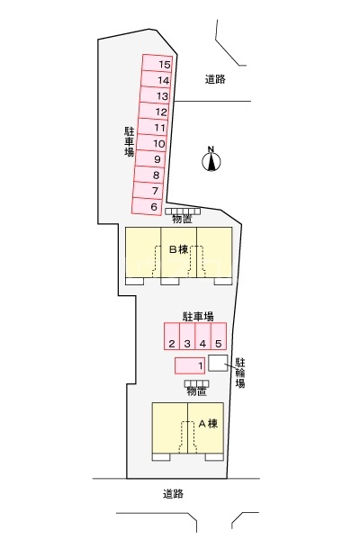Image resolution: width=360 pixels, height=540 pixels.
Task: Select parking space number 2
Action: pos(170,343)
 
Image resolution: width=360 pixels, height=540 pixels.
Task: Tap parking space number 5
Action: pos(218,343)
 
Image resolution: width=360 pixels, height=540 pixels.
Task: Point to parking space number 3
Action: pos(186,343)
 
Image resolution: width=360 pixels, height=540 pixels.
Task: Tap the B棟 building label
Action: pos(177,249)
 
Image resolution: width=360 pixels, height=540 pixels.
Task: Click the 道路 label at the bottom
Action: pos(175,493)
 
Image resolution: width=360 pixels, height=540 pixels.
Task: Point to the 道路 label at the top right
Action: pos(214,79)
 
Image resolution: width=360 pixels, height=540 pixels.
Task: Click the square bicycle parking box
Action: pos(217,363)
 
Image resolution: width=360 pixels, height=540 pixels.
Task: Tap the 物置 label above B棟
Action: pos(183,219)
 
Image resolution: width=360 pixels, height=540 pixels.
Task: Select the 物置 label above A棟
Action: pos(197,391)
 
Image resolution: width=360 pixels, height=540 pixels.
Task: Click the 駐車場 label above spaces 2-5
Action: pos(197,317)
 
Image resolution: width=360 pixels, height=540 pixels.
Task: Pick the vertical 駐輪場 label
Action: pos(240,371)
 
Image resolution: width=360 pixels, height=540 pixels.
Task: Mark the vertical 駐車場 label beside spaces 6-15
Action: pos(129,140)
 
